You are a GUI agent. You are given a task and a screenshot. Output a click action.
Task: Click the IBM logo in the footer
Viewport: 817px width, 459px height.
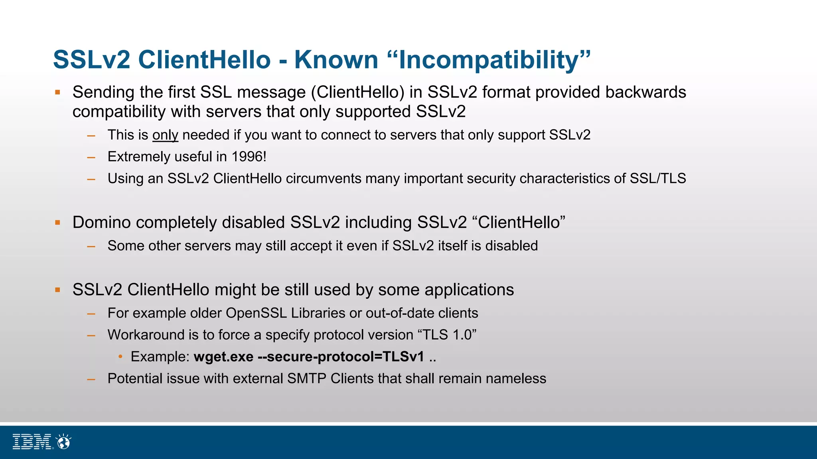coord(32,441)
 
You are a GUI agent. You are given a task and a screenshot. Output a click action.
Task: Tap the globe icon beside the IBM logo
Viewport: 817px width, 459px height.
coord(63,442)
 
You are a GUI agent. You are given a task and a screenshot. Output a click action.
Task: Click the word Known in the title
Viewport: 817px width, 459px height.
coord(336,60)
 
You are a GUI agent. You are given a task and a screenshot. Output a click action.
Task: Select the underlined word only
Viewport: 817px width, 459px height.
coord(165,135)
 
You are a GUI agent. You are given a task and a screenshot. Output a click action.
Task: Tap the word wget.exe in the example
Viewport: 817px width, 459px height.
coord(223,357)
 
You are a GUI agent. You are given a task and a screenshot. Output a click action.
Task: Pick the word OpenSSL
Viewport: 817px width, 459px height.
coord(256,313)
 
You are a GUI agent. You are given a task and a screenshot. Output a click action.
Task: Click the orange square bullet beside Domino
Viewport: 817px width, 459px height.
coord(58,223)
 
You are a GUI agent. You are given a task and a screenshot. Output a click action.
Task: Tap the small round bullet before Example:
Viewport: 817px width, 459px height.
coord(120,357)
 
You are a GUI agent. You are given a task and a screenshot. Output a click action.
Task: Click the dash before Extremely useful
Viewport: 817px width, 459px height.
coord(91,157)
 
